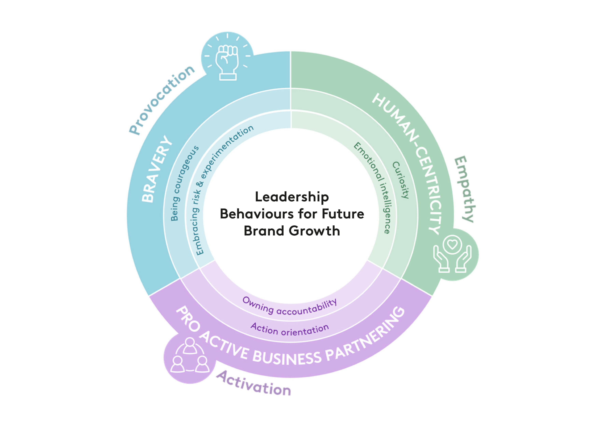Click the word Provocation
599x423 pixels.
(x=162, y=101)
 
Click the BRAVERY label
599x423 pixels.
(x=157, y=169)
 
